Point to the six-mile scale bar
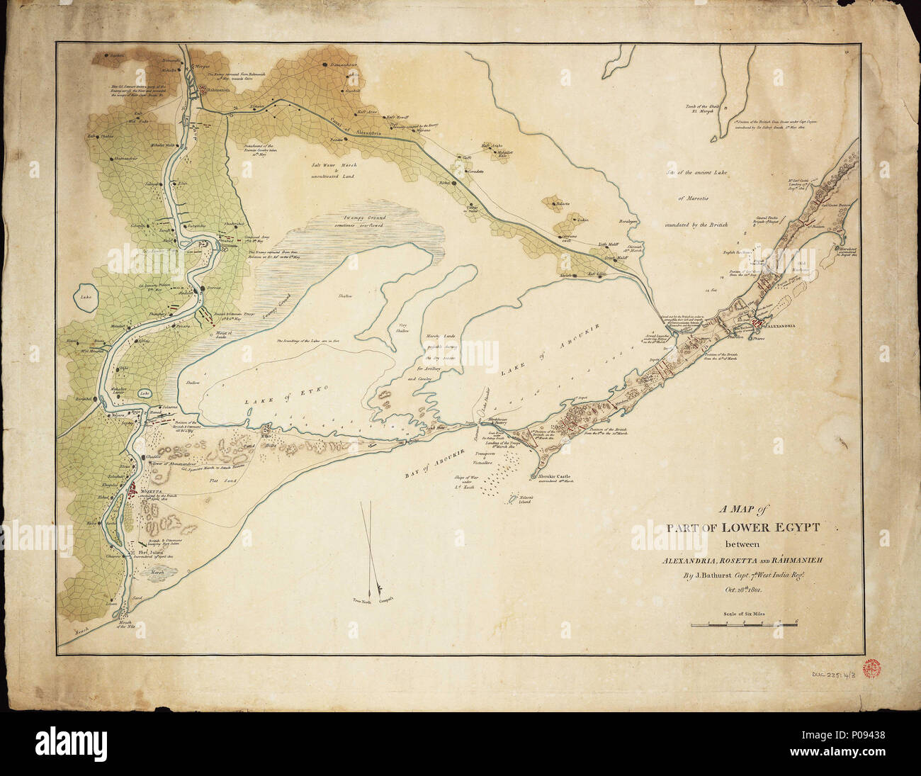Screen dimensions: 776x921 coord(744,624)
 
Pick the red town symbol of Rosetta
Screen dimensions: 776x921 coord(132,490)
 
